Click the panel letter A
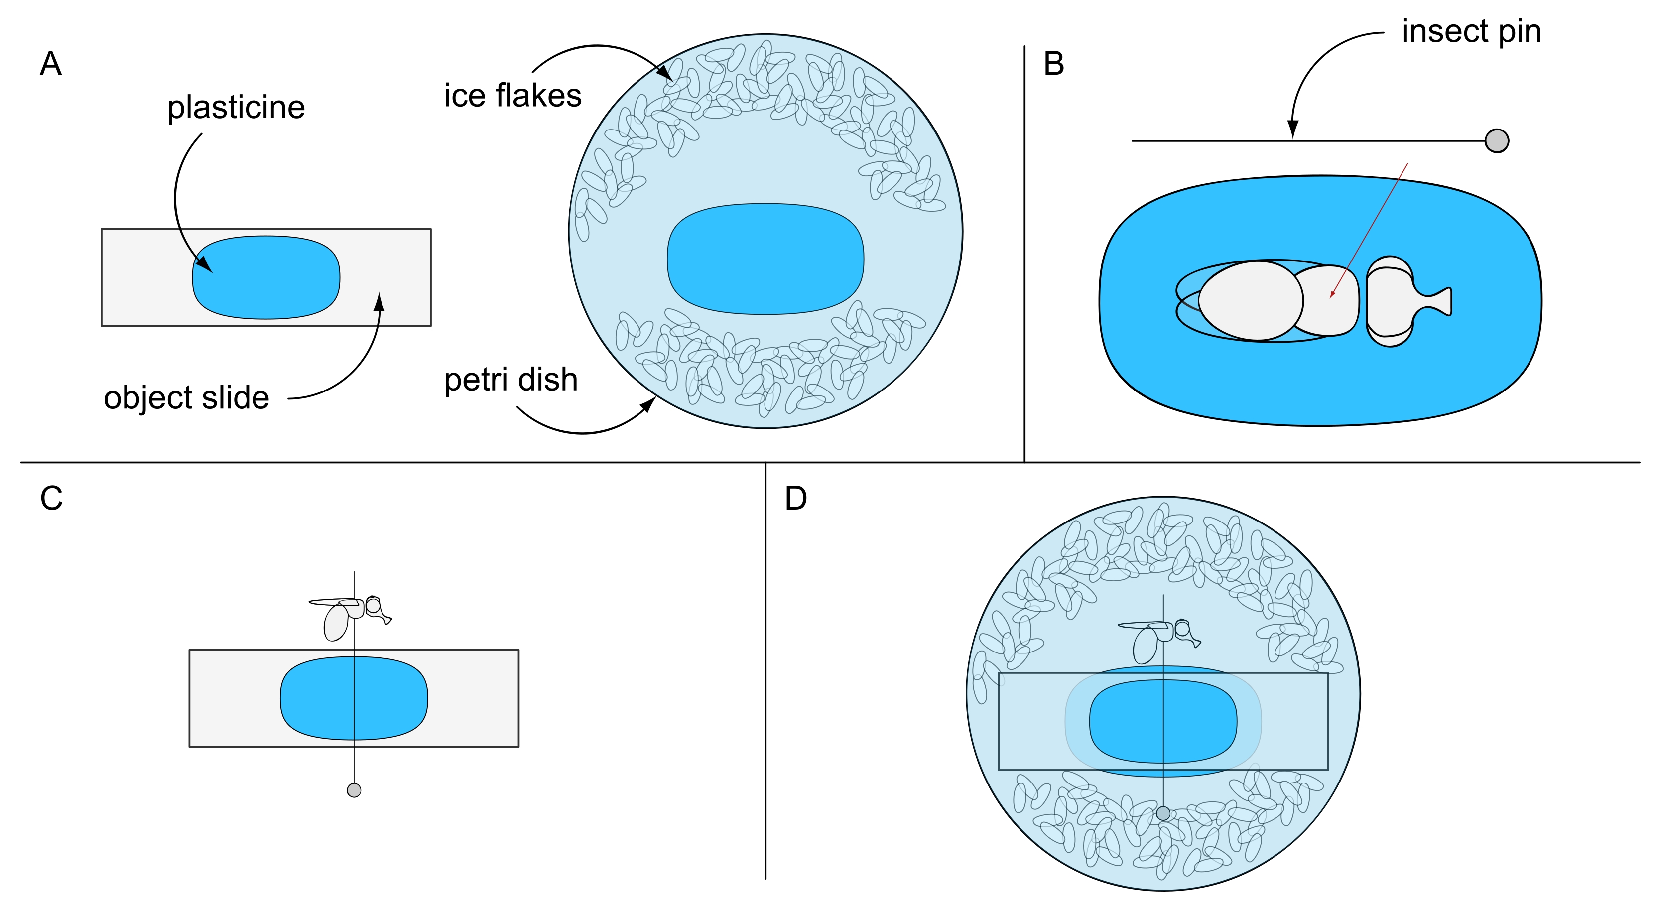51,64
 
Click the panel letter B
1054,64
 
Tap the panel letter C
51,498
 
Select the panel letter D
796,498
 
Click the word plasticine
236,108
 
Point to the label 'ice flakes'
512,96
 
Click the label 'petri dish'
510,380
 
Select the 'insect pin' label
1471,31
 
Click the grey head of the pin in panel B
1497,141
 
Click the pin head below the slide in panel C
354,790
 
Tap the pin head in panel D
1163,813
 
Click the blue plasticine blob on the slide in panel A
265,277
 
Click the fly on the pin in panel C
351,615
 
